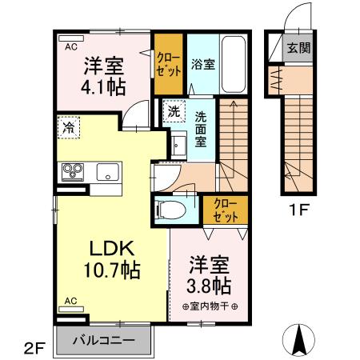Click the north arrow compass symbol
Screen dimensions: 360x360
pos(302,339)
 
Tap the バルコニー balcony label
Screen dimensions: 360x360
pos(102,338)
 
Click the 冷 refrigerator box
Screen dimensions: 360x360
pos(70,126)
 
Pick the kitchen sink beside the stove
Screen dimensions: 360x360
pos(106,171)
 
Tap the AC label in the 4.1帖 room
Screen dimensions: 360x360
pos(70,46)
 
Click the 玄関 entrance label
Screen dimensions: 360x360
pos(300,47)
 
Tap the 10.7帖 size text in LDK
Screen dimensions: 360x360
pos(112,270)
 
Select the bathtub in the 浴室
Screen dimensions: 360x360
pos(234,64)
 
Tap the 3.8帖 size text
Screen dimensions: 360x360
pos(210,286)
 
